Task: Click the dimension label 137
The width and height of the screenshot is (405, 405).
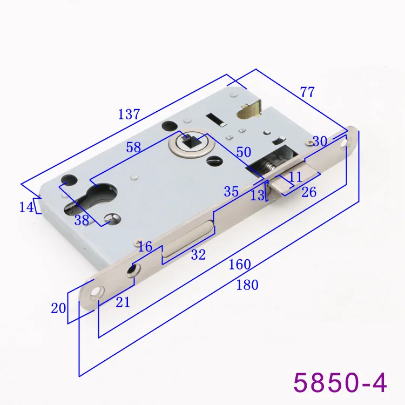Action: pos(129,114)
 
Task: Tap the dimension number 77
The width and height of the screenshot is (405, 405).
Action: pos(307,92)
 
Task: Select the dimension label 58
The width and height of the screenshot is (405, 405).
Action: pos(133,147)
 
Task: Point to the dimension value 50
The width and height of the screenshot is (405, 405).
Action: pos(244,152)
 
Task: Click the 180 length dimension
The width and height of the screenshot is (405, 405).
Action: pos(247,285)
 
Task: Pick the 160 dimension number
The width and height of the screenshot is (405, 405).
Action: pos(240,265)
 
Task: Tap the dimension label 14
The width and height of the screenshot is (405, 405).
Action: pos(26,207)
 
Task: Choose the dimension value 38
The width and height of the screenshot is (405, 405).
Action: pos(82,220)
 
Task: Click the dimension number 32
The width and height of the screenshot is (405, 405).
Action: pos(198,255)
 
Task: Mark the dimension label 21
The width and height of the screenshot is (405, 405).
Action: pos(123,302)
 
